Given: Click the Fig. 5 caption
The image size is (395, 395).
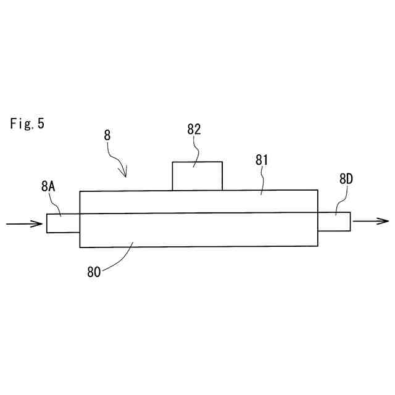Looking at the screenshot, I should [x=27, y=123].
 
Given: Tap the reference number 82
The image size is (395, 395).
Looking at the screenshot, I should [x=194, y=129].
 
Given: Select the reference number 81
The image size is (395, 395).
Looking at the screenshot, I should [x=263, y=160].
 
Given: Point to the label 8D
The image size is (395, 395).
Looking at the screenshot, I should [x=346, y=180].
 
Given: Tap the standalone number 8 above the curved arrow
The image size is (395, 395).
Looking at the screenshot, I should [x=107, y=134].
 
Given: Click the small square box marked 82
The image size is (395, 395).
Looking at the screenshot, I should [x=197, y=176].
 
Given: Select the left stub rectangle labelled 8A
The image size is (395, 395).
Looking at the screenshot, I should [x=63, y=223].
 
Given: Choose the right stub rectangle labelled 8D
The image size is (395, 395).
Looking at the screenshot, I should [x=334, y=222].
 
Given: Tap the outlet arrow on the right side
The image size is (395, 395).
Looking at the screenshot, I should [x=370, y=221].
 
